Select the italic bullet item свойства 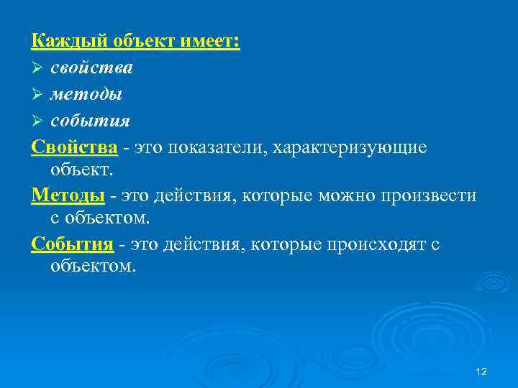point(91,68)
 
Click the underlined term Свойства point(74,147)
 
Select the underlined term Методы point(68,195)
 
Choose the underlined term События point(73,244)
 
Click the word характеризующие point(355,147)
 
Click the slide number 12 point(482,371)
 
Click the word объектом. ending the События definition point(93,267)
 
